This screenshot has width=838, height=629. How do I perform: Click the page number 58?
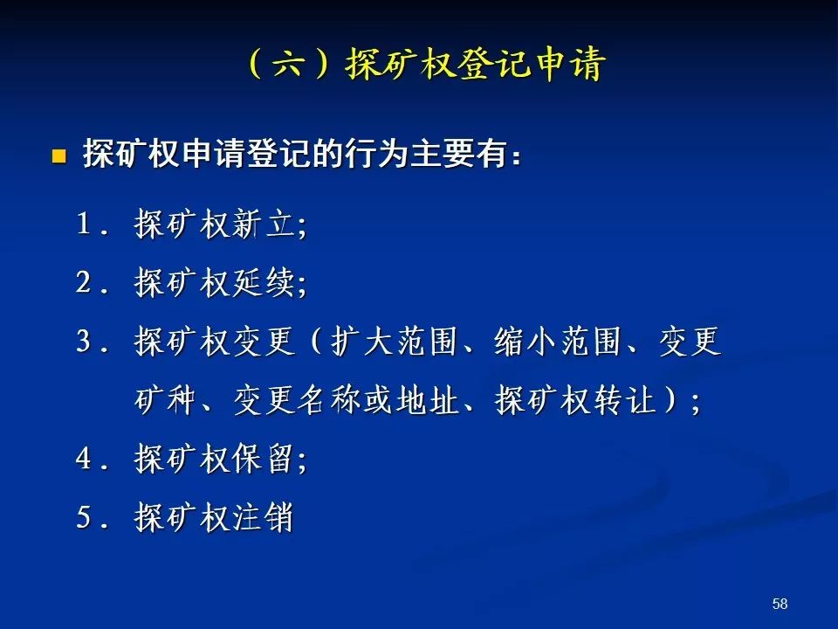(780, 604)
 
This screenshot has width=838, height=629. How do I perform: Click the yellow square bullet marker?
(58, 156)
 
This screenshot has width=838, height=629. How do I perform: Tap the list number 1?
(84, 223)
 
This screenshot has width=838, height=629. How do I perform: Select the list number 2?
(84, 282)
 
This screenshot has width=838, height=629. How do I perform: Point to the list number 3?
(84, 341)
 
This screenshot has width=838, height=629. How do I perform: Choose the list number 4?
(84, 459)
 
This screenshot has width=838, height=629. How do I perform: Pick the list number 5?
(84, 517)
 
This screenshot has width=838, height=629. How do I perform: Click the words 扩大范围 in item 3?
(395, 341)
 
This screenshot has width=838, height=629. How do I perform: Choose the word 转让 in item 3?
(624, 399)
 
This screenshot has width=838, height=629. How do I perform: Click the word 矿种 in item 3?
(165, 399)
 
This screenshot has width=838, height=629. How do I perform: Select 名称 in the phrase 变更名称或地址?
(329, 399)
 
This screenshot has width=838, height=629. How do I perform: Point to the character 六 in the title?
(289, 64)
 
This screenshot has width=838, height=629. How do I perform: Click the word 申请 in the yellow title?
(571, 64)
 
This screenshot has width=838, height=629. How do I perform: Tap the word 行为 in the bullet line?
(361, 154)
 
